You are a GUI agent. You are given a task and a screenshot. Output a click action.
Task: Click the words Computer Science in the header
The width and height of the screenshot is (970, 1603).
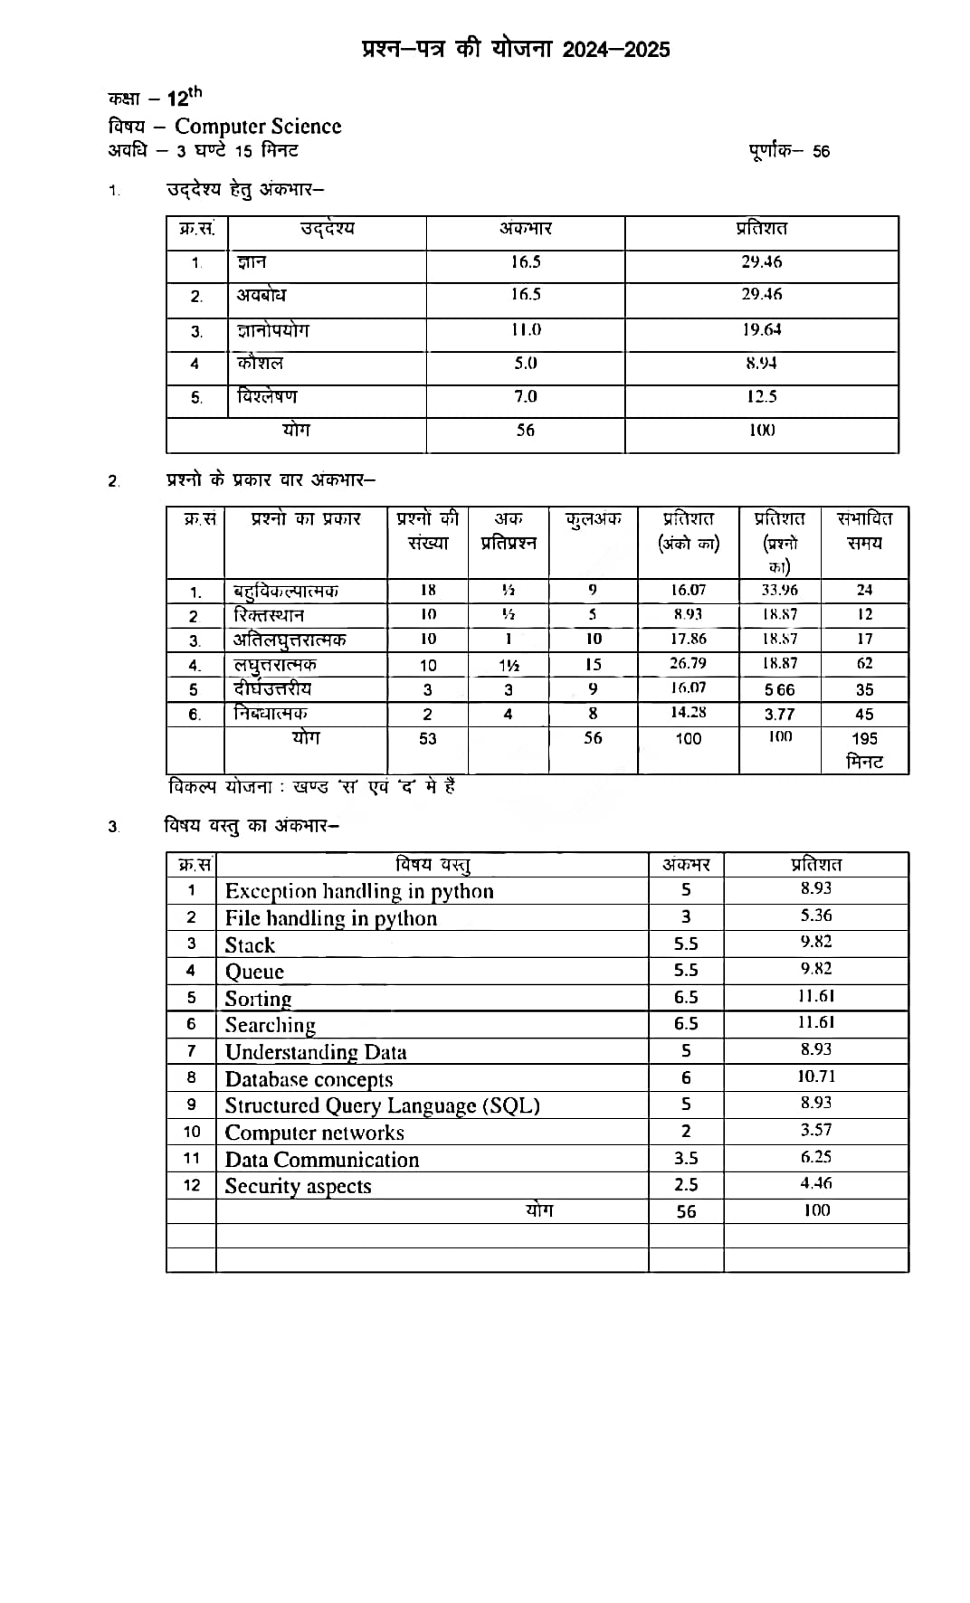point(258,127)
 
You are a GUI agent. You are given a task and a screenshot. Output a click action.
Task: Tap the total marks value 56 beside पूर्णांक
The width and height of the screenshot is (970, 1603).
point(820,152)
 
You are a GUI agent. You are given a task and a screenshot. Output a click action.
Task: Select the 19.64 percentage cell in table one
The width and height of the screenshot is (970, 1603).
point(761,330)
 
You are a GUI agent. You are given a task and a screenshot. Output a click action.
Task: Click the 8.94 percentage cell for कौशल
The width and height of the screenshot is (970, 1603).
point(761,364)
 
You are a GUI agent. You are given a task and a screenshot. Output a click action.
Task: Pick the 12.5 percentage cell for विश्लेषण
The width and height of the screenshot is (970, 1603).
point(761,397)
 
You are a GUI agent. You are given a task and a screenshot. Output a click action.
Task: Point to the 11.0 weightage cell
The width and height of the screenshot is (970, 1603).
point(525,330)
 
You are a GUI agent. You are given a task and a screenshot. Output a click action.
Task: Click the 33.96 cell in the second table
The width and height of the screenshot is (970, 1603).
point(779,591)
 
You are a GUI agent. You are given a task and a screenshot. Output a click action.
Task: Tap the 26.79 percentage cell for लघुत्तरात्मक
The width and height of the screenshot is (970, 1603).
point(688,664)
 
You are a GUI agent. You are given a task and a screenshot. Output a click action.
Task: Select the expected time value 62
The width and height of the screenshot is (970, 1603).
point(864,664)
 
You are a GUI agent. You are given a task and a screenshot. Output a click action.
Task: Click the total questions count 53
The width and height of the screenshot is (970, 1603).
point(427,739)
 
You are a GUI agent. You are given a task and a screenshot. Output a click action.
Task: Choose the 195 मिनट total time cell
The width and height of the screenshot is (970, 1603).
point(864,750)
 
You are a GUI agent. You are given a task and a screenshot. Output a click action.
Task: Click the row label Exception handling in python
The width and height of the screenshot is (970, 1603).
point(359,892)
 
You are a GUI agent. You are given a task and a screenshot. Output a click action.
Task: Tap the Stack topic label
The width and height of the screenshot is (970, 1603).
point(250,945)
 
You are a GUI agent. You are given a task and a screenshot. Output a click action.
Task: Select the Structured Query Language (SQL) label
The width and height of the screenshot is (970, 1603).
point(382,1106)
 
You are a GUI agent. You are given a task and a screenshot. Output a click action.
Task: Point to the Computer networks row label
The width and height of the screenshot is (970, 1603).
point(314,1133)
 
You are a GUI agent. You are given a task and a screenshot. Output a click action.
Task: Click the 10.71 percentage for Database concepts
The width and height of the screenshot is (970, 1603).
point(815,1077)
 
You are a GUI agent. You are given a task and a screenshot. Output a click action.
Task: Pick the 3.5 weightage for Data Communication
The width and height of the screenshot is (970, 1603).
point(686,1159)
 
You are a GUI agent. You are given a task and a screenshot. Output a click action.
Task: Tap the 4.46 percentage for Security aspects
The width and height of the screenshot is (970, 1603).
point(815,1184)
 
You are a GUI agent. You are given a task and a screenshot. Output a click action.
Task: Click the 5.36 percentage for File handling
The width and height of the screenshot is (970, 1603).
point(815,916)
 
